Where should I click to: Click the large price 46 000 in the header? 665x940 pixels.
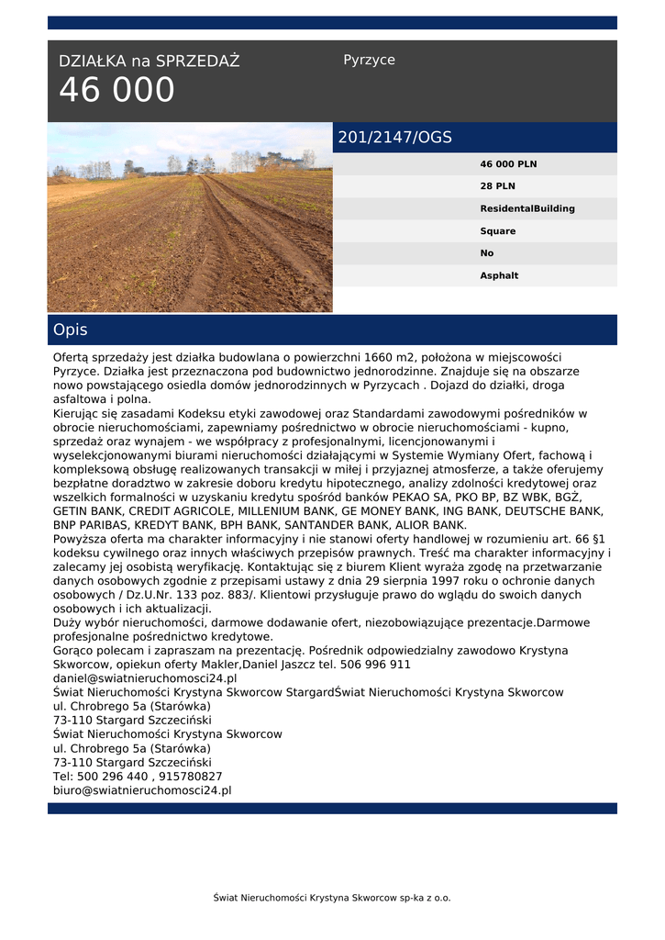coord(116,90)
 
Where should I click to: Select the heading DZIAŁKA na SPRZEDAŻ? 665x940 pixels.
coord(149,62)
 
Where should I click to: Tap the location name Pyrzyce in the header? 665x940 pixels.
coord(369,60)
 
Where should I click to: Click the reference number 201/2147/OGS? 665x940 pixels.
coord(394,138)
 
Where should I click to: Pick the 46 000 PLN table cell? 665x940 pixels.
coord(508,164)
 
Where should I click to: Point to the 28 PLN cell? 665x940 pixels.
coord(497,186)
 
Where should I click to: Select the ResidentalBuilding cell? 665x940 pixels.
coord(527,208)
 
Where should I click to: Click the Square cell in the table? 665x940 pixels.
coord(497,231)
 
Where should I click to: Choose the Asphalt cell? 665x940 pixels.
coord(499,275)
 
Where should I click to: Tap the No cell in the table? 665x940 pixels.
coord(486,253)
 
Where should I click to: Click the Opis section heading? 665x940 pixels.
coord(71,330)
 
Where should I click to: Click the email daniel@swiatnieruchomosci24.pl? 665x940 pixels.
coord(145,678)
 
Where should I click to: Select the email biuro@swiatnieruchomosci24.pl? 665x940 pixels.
coord(142,789)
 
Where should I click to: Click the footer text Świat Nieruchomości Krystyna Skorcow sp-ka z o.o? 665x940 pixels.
coord(332,898)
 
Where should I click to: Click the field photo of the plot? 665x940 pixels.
coord(190,218)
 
